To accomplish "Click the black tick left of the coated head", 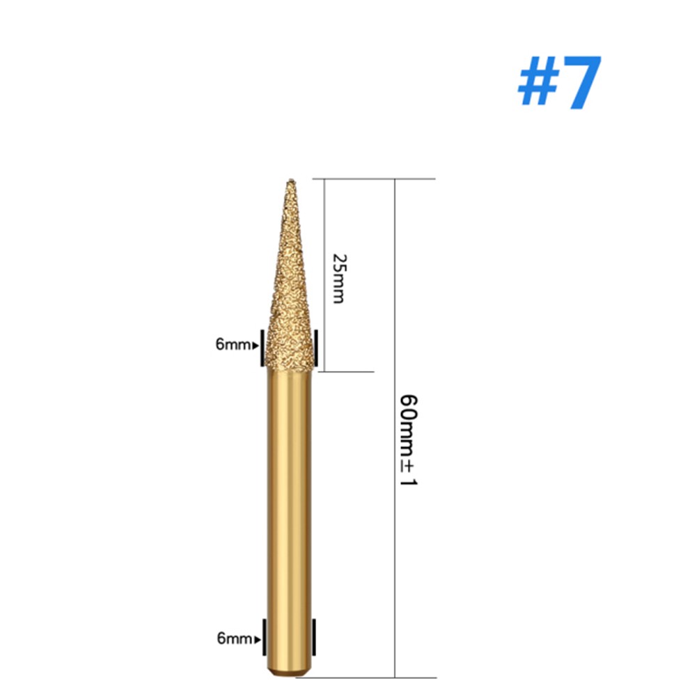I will click(x=260, y=347).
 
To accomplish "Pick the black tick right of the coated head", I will click(x=316, y=347).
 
